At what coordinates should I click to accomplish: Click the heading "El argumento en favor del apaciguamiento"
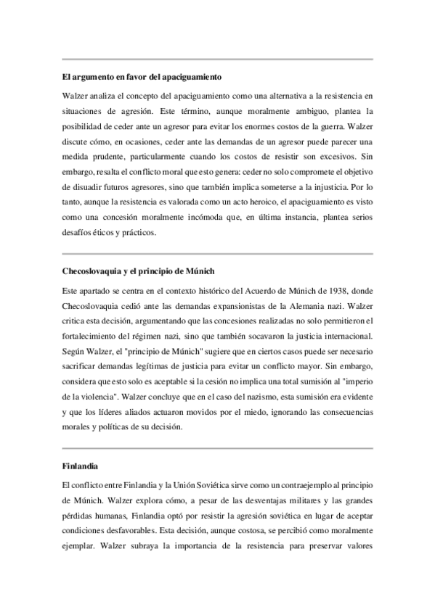pos(142,76)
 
